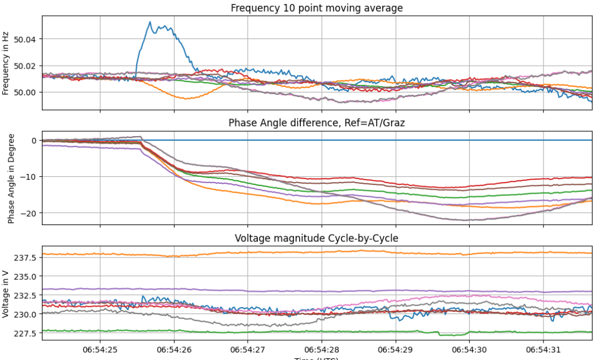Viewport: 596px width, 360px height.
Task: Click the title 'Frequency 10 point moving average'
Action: tap(317, 8)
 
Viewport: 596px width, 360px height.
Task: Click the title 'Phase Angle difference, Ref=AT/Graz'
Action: tap(317, 123)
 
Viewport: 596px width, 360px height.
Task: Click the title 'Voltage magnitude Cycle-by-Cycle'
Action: tap(317, 238)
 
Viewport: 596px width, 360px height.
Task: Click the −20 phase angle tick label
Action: tap(29, 213)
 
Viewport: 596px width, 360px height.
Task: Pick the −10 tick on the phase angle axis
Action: tap(29, 177)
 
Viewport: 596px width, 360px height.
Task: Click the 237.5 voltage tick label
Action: tap(27, 258)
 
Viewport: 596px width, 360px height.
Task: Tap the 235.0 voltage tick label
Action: tap(27, 276)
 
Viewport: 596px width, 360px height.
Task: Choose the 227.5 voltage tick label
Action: tap(27, 333)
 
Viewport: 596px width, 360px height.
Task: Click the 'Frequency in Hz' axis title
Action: tap(6, 63)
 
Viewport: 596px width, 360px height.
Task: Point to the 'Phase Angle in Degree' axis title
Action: tap(11, 178)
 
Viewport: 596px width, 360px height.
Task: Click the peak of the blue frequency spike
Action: tap(150, 22)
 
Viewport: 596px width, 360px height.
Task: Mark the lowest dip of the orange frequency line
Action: tap(186, 99)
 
